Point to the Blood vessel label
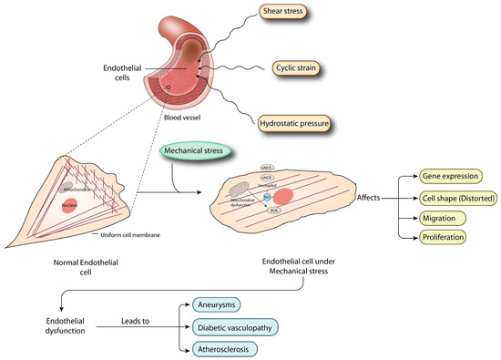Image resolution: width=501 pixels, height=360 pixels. [186, 118]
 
